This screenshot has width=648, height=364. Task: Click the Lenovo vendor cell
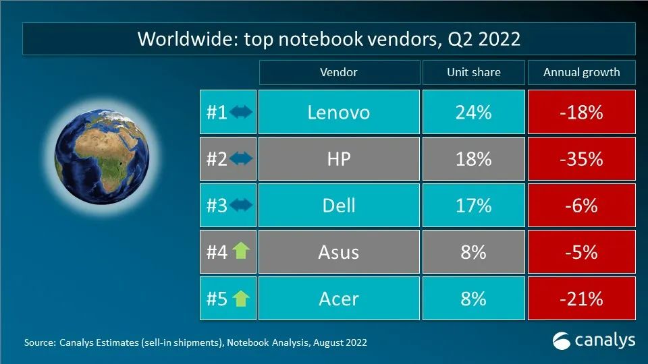tap(338, 112)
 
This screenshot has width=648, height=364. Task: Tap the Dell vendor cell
tap(338, 205)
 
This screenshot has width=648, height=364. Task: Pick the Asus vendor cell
tap(338, 251)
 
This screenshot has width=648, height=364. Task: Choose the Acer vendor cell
tap(338, 298)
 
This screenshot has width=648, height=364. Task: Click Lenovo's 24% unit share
tap(473, 112)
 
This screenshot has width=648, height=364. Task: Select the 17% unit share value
tap(473, 205)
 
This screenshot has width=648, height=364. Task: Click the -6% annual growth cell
tap(581, 205)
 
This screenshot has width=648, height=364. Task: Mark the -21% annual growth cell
tap(581, 298)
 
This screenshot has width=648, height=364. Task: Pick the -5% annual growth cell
tap(581, 251)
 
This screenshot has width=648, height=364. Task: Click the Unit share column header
tap(473, 72)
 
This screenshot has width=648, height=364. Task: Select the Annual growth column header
tap(581, 72)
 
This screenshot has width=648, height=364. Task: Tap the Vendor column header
tap(338, 72)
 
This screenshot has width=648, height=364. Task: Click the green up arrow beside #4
tap(240, 251)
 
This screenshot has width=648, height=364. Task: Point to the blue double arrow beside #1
tap(240, 112)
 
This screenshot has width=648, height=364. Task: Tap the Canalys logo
tap(593, 340)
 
